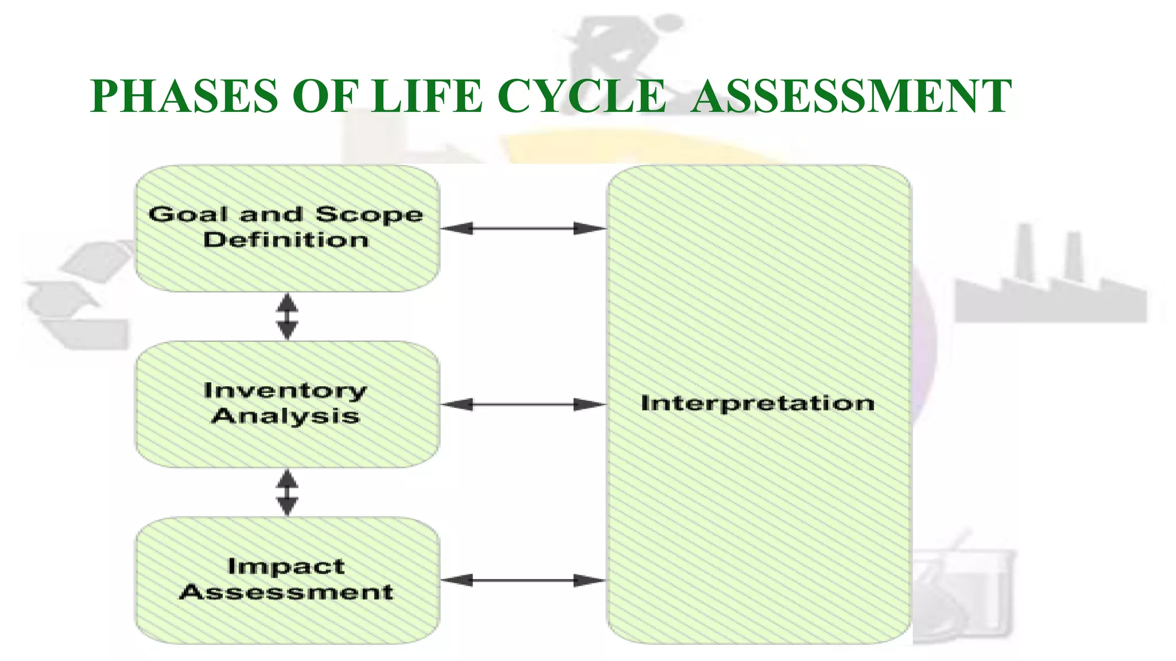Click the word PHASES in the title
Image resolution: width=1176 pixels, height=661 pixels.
click(184, 96)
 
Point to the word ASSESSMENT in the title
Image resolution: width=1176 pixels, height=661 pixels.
click(851, 96)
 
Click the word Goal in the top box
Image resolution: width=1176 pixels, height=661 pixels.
click(188, 215)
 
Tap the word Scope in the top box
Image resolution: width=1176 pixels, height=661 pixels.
click(369, 215)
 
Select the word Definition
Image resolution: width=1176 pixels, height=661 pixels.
click(286, 240)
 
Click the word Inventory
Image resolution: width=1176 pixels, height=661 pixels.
click(285, 391)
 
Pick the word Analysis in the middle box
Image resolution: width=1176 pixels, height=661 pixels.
click(285, 416)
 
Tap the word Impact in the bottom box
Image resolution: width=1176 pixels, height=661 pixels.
click(286, 567)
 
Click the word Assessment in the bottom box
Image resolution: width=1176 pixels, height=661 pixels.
click(286, 592)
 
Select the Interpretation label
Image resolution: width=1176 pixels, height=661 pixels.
click(757, 403)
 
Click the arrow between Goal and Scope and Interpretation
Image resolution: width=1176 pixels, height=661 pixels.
click(523, 229)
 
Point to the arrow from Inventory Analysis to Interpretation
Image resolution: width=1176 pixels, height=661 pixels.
click(523, 405)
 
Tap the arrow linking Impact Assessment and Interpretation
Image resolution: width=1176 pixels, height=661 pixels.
click(523, 581)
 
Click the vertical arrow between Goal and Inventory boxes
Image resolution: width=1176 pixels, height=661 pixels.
click(287, 316)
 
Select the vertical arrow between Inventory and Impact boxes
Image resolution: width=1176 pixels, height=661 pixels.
click(287, 492)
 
